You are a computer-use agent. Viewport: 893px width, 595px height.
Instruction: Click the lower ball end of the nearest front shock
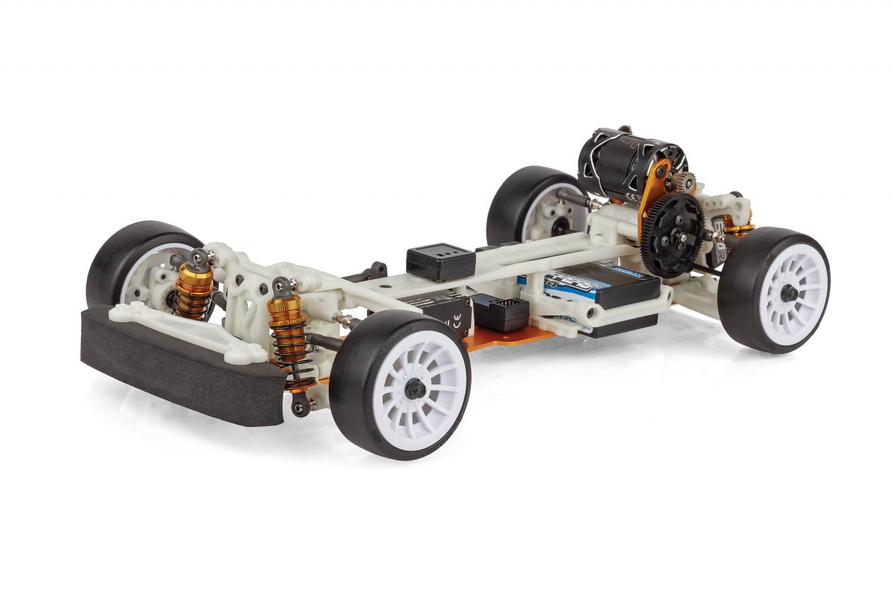click(x=299, y=407)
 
